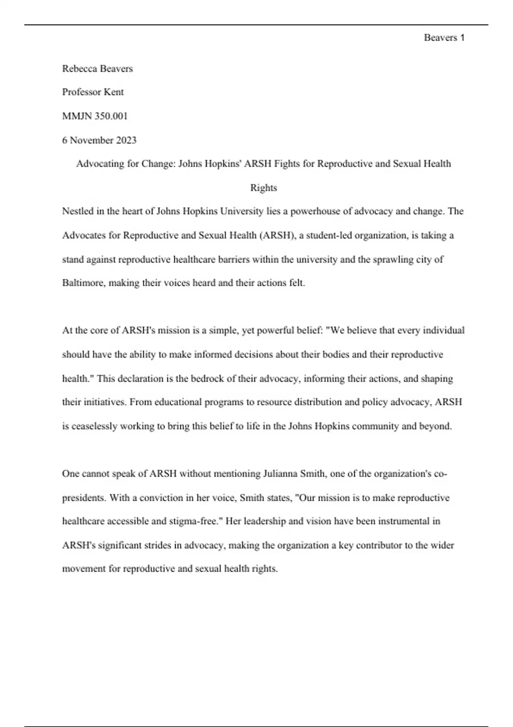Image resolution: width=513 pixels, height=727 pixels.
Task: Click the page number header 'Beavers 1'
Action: [444, 38]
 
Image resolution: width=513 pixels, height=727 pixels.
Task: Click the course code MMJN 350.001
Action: [95, 116]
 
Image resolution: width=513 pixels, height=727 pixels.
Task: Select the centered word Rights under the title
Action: [263, 187]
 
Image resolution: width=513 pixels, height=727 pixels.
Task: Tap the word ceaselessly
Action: [94, 426]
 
